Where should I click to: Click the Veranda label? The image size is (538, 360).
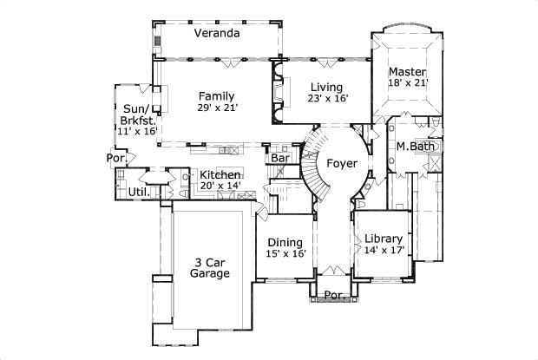point(217,34)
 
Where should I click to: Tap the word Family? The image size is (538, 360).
point(216,95)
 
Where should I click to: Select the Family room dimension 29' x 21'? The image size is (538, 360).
point(217,108)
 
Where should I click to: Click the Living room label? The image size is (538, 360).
point(327,88)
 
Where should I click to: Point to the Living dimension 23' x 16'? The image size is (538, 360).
point(327,99)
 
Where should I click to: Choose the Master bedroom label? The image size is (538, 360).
point(406,71)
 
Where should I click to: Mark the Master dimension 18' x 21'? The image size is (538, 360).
point(408,83)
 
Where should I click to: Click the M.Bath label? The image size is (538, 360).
point(416,146)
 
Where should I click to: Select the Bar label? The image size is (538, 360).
point(279,159)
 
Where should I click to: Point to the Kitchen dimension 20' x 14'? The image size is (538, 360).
point(220,186)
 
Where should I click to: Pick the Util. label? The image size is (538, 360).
point(137,192)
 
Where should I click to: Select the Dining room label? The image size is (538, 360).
point(285,242)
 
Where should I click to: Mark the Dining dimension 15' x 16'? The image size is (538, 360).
point(286,254)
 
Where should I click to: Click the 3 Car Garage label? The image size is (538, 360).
point(209,267)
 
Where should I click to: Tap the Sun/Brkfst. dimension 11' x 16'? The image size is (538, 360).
point(137,131)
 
